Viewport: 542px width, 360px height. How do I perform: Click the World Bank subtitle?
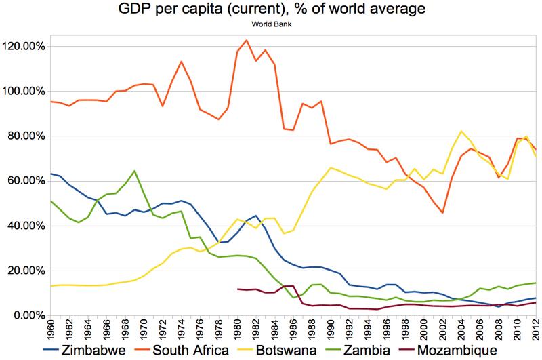tap(271, 27)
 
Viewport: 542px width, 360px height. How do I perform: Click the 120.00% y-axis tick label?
tap(24, 47)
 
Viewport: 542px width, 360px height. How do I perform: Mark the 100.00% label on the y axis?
tap(24, 92)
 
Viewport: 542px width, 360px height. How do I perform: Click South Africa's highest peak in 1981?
tap(247, 40)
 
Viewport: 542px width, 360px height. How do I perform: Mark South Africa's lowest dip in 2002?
tap(442, 213)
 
